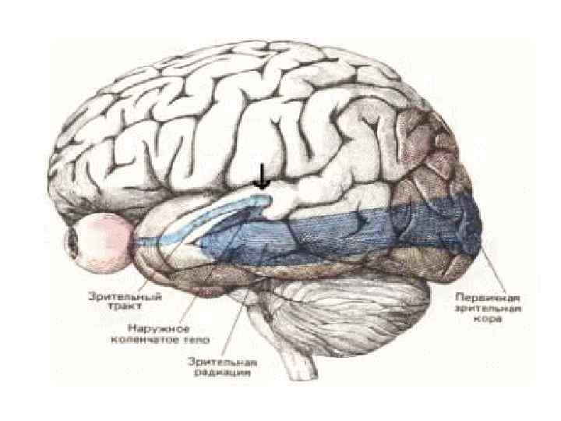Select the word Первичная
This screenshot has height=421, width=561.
pyautogui.click(x=488, y=297)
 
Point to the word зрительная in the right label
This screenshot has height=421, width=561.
pyautogui.click(x=488, y=308)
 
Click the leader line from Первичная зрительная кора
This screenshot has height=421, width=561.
pyautogui.click(x=491, y=270)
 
